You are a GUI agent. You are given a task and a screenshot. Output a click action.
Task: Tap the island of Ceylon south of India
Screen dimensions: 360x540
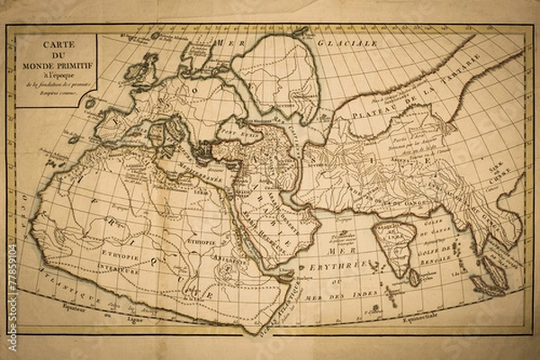point(415,278)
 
